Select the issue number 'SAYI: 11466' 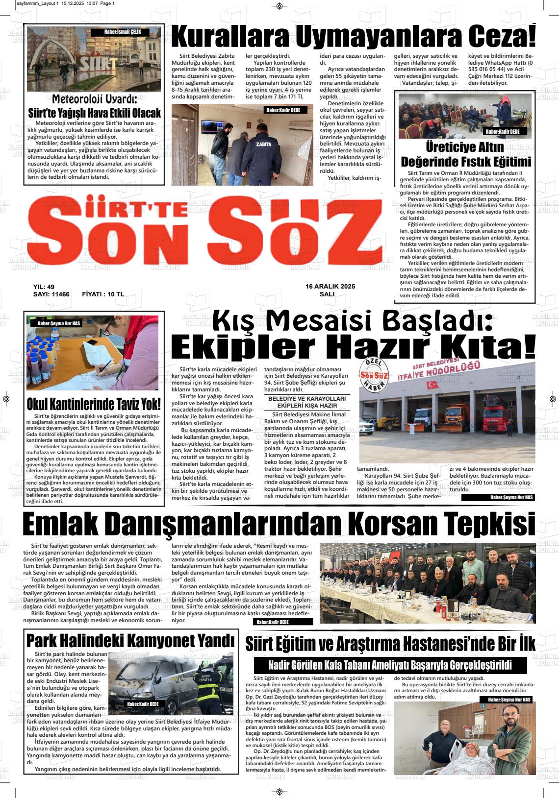[x=51, y=294]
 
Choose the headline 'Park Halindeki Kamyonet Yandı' [x=130, y=640]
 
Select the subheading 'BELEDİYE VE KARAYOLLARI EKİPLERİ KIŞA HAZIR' [x=307, y=402]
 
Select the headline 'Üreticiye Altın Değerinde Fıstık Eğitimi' [x=465, y=154]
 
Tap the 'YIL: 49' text [x=44, y=287]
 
